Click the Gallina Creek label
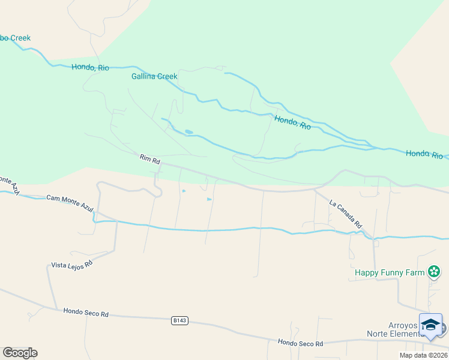point(154,76)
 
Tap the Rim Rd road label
point(149,160)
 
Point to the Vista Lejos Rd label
point(71,265)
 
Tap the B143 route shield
point(179,321)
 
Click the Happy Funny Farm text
point(389,272)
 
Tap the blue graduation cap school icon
point(430,325)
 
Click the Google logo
point(20,353)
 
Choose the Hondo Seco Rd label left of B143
point(86,313)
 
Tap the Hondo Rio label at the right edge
point(424,154)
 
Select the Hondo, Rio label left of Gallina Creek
point(90,67)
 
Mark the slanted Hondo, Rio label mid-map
point(292,122)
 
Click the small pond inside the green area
point(189,132)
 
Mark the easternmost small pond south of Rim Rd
point(209,199)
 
